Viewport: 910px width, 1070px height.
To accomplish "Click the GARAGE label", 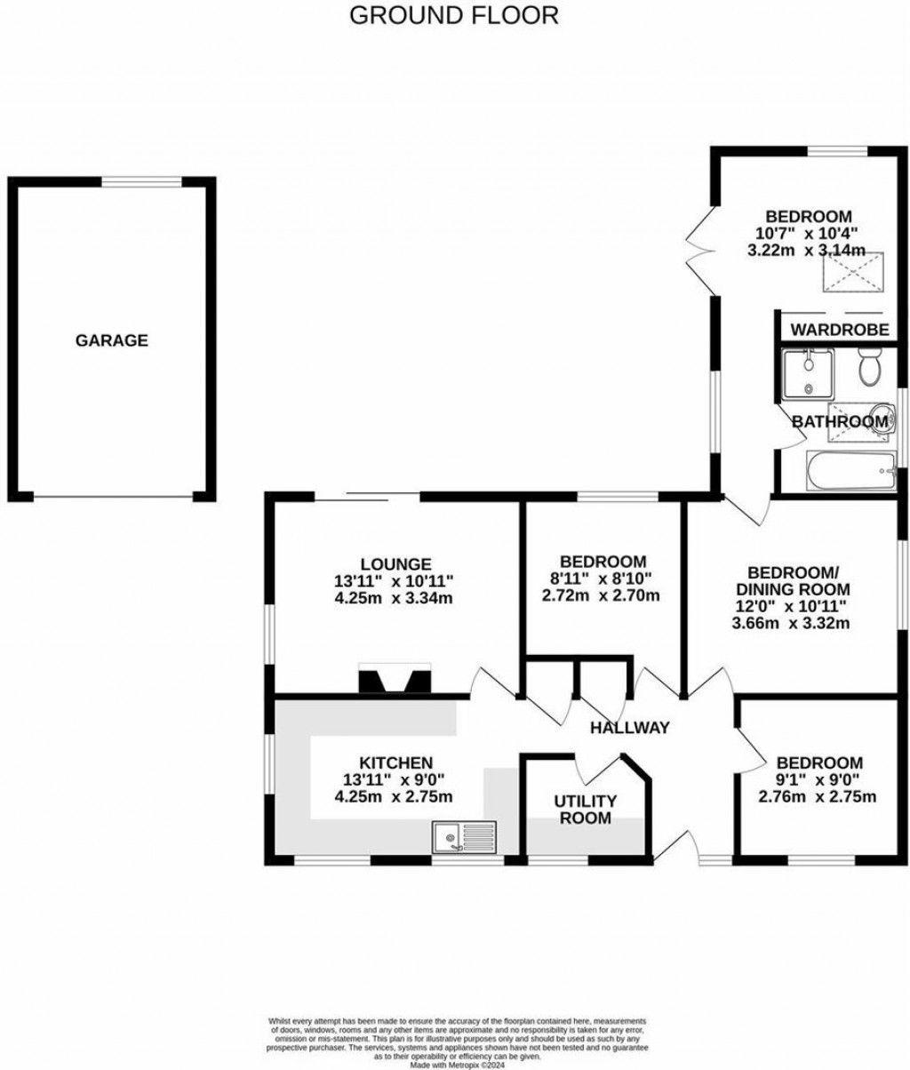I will [x=111, y=340].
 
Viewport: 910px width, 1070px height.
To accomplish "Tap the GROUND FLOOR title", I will [x=455, y=15].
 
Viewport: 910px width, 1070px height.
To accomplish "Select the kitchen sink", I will [x=465, y=836].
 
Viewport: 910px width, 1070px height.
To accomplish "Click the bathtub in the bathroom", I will [x=849, y=468].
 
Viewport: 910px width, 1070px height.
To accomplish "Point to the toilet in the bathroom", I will [x=867, y=364].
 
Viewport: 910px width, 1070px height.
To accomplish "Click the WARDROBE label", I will [x=840, y=330].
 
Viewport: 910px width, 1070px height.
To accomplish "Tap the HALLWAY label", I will [x=630, y=728].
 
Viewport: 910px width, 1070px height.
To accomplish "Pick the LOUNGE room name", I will [x=396, y=563].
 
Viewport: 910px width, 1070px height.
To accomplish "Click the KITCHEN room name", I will [x=395, y=763].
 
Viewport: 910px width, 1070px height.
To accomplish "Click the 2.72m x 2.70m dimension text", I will [x=601, y=595].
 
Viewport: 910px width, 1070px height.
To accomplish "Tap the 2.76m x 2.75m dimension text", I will [x=818, y=796].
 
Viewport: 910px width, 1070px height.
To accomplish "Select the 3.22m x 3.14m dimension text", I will [x=806, y=251].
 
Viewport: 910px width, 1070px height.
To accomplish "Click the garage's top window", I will [x=142, y=181].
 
